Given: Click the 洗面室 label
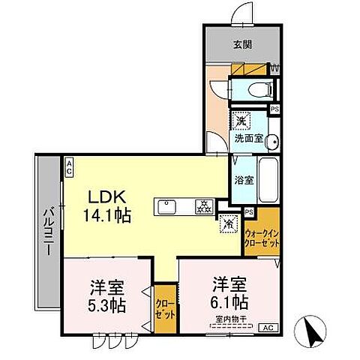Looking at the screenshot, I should click(x=247, y=139).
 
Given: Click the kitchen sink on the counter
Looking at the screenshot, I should click(x=166, y=205).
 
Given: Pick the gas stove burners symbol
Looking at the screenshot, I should click(x=203, y=205).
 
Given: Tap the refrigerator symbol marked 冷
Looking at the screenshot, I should click(x=227, y=223).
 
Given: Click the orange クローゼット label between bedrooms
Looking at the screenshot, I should click(x=163, y=307).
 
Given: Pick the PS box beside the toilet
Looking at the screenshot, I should click(x=275, y=109).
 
